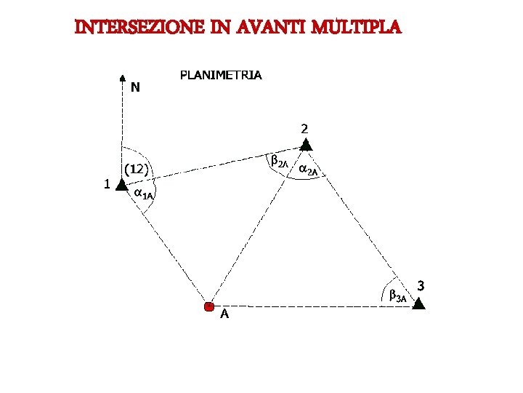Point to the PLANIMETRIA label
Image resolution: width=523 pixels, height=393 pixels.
(221, 75)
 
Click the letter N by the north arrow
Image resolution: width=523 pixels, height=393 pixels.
(136, 87)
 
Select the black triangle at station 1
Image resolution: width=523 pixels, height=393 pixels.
(121, 186)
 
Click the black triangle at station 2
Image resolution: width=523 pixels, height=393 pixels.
(306, 145)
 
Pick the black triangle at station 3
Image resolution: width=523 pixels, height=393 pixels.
(418, 303)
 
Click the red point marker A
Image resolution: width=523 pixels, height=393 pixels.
(209, 307)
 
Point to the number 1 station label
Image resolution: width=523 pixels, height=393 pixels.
(107, 184)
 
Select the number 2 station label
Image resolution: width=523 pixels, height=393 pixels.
(305, 128)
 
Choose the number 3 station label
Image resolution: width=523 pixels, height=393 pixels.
(421, 284)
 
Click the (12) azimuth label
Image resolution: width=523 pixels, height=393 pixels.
(137, 170)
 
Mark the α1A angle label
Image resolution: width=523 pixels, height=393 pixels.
(143, 194)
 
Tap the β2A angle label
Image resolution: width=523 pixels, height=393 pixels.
(280, 161)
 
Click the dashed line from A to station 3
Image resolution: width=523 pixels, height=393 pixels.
(312, 306)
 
